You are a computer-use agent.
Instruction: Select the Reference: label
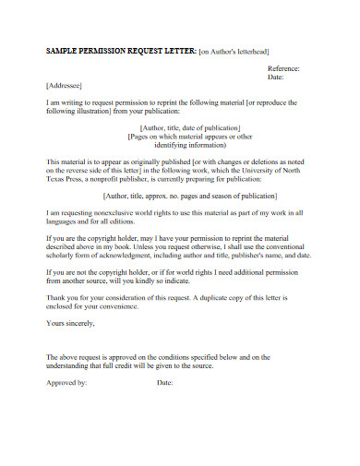click(283, 69)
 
